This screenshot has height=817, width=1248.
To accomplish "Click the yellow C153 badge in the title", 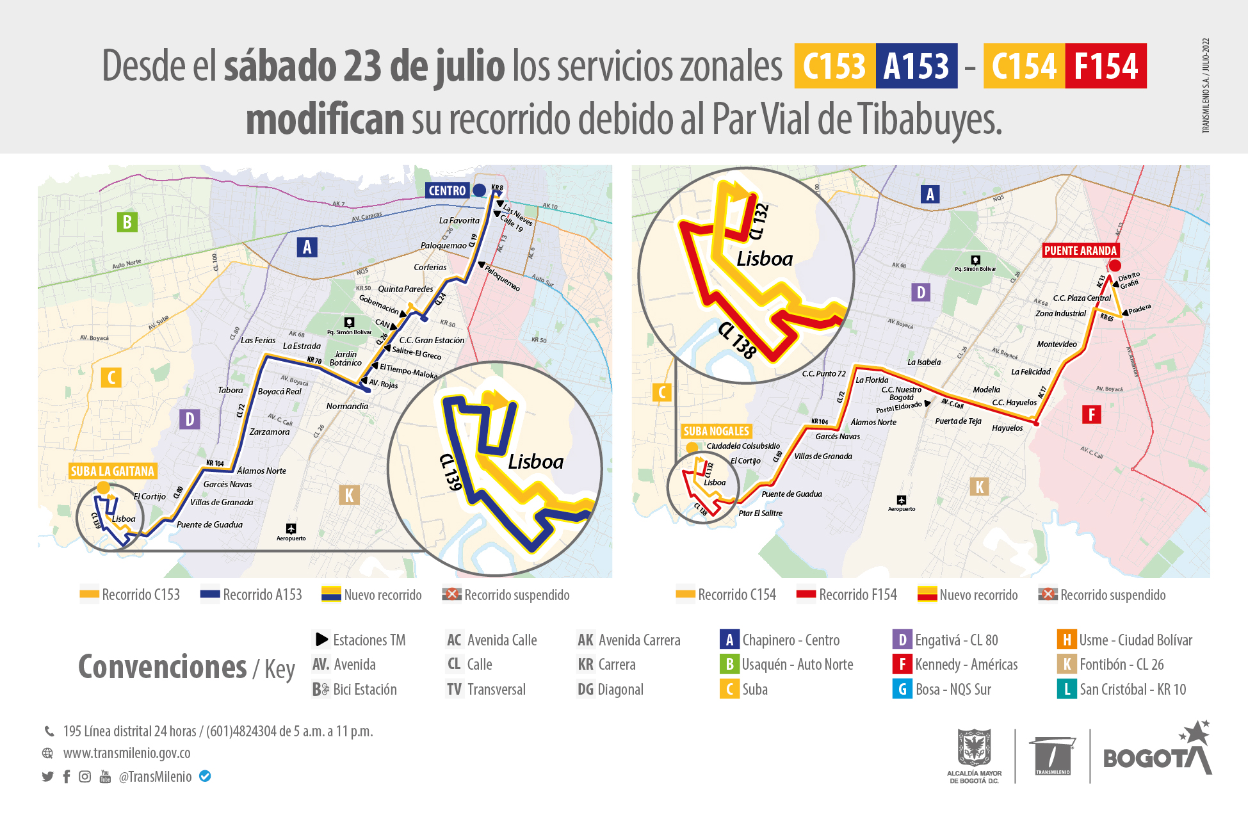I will pos(834,66).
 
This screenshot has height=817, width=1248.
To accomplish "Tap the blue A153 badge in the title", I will pos(916,66).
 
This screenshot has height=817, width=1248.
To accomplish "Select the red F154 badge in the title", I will pos(1106,66).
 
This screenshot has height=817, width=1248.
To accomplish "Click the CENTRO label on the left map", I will pos(447,190).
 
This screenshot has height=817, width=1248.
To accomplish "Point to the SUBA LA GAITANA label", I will pos(113,471).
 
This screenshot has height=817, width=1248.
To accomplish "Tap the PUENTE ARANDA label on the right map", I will pos(1080,250).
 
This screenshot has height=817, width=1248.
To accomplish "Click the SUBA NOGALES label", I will pos(716,431).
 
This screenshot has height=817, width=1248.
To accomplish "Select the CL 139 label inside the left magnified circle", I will pos(451,472).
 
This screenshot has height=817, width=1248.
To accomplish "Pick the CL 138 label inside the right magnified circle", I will pos(737,340).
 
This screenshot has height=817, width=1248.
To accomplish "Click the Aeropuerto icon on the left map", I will pos(291,528).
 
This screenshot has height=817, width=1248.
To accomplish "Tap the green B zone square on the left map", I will pos(127,222).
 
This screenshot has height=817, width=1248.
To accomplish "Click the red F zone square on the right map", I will pos(1092,414).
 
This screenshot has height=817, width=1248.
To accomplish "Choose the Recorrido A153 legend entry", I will pos(251,595).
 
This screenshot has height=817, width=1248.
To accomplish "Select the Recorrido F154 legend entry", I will pos(847,595).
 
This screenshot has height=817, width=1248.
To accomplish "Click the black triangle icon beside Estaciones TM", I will pos(321,640).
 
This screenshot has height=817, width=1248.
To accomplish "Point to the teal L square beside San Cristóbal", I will pos(1066,690).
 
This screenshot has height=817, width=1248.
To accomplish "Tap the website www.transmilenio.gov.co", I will pos(127,753).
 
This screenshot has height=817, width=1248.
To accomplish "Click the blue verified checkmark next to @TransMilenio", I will pos(205,776).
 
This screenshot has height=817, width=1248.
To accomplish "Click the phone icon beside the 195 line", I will pos(49,731).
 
